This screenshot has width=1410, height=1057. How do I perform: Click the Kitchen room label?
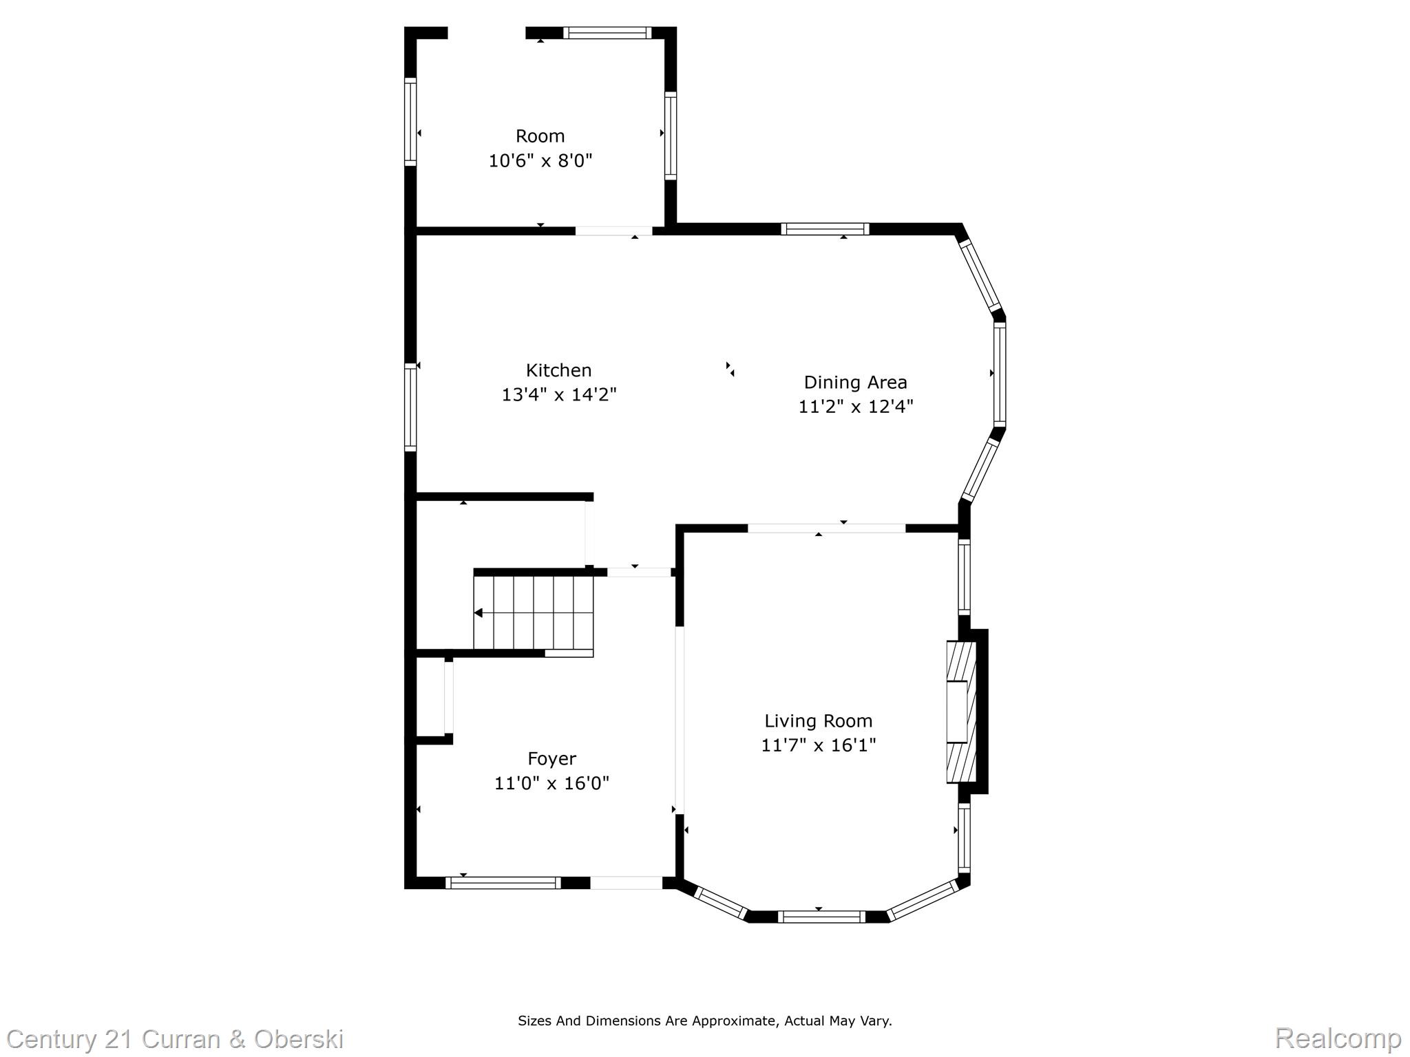(558, 370)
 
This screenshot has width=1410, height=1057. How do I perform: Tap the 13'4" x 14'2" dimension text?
(558, 395)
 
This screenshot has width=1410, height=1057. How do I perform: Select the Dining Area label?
(855, 382)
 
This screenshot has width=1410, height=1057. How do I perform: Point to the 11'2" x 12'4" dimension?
(855, 407)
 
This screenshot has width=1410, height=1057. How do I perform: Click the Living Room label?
(818, 720)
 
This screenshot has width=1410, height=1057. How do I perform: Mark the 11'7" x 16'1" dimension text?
(818, 745)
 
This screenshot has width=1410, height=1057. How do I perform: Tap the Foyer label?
(551, 758)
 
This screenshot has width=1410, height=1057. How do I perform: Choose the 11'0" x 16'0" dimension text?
(551, 783)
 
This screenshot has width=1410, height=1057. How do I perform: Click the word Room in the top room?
(540, 136)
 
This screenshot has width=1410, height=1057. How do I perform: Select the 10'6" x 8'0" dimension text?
(540, 161)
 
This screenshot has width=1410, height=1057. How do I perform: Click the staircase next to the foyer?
(534, 612)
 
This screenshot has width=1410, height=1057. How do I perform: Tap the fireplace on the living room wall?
(961, 712)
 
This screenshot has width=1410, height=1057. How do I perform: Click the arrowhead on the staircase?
(478, 612)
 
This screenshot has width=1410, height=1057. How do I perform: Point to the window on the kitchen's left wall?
(410, 407)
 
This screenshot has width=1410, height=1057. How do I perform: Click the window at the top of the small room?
(607, 32)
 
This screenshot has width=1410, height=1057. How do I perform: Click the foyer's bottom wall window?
(503, 883)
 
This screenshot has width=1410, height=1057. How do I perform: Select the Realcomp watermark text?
(1338, 1038)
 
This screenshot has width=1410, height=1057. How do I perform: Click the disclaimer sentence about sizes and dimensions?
(704, 1021)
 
